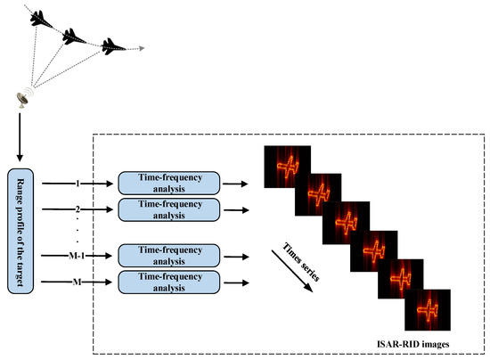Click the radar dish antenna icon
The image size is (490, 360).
click(23, 98)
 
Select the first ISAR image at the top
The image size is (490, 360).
click(287, 166)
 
